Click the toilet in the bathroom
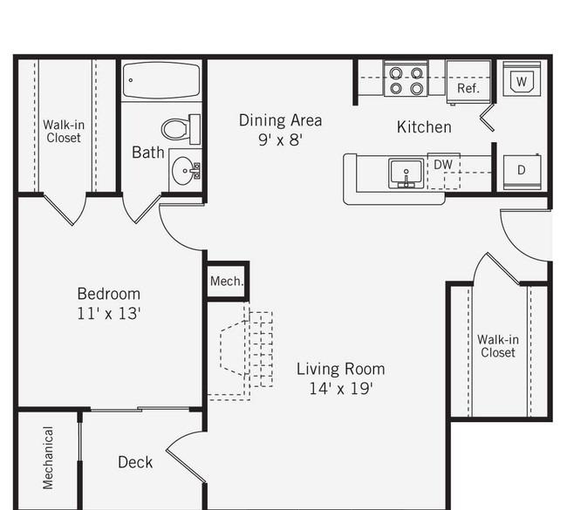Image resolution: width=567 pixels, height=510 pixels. point(181,129)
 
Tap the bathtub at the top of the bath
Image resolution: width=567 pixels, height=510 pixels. point(161,80)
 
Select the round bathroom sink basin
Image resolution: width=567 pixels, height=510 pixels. point(184,171)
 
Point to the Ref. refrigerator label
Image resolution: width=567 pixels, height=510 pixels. point(468,88)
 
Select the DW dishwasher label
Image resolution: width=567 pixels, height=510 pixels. point(443,165)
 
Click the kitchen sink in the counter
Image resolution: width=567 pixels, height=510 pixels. point(406,173)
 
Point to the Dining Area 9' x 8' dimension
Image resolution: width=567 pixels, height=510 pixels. point(280,139)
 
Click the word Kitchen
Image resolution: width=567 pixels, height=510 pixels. point(424,127)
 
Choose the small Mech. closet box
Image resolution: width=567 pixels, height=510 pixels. point(228,282)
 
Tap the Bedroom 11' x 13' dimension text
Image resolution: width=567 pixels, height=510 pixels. point(109,313)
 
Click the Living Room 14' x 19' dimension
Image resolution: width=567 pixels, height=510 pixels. point(341,389)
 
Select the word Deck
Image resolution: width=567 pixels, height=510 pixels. point(135,462)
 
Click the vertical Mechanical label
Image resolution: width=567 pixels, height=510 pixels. point(48,458)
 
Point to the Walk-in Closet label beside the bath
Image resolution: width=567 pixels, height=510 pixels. point(64,131)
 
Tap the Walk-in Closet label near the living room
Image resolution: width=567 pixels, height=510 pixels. point(498,346)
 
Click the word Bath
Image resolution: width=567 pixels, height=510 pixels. point(148,153)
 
